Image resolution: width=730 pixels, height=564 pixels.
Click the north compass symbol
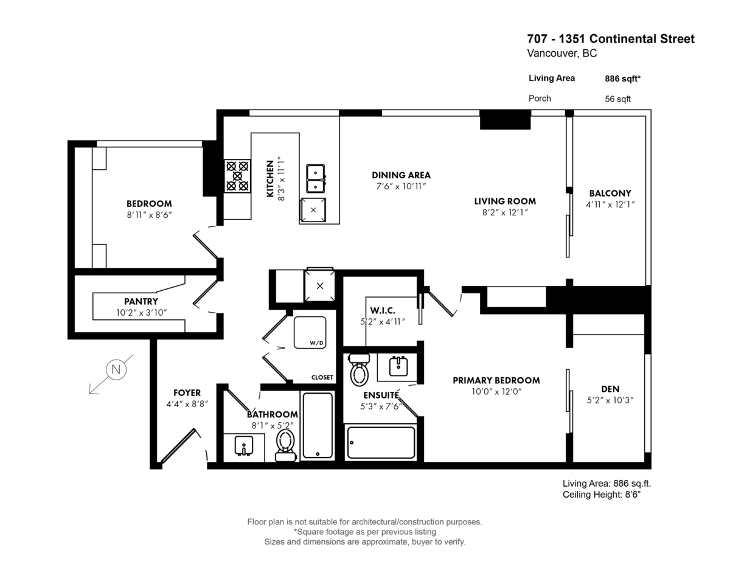[x=116, y=370]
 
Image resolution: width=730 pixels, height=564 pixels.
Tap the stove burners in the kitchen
[x=237, y=175]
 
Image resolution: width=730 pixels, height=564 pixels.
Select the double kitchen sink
[x=315, y=178]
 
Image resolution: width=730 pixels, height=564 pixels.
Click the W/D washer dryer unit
[x=310, y=332]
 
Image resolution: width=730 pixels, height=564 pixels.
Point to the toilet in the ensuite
[x=360, y=369]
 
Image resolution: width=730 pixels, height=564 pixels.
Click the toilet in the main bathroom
[x=285, y=444]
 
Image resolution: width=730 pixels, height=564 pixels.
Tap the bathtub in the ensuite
[x=381, y=442]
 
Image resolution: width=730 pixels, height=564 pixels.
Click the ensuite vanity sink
[x=398, y=366]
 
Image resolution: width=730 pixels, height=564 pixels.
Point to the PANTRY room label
[x=141, y=302]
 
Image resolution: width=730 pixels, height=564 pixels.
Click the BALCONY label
[x=610, y=193]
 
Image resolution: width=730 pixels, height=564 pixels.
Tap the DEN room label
[x=610, y=388]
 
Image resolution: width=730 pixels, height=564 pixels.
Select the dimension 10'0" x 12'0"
[x=496, y=391]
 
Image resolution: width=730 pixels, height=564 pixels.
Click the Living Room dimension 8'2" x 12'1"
[x=505, y=212]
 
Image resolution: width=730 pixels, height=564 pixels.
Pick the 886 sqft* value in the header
[x=623, y=78]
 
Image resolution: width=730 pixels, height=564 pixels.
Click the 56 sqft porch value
[x=617, y=99]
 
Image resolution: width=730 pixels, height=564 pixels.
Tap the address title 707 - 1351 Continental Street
[x=610, y=39]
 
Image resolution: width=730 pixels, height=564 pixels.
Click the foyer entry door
[x=178, y=445]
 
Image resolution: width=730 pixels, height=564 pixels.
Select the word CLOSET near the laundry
[x=322, y=377]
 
